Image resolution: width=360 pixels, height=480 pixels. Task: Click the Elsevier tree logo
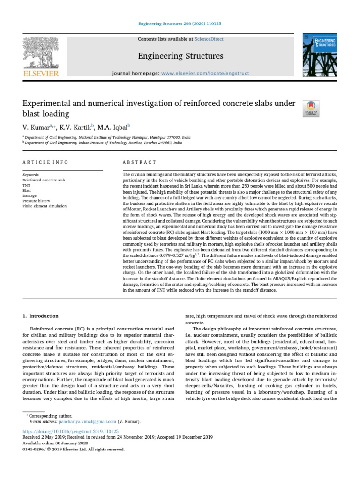(41, 52)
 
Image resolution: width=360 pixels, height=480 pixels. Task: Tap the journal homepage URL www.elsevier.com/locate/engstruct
(205, 74)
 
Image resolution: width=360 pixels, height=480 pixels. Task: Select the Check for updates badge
(311, 108)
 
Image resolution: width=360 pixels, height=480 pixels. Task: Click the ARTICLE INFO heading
(45, 162)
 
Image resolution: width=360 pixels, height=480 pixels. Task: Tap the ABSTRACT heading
(139, 162)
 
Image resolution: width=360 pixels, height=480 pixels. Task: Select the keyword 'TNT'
(26, 185)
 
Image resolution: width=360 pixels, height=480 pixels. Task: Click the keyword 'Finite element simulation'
(45, 206)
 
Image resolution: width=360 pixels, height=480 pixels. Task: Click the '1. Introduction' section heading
(41, 316)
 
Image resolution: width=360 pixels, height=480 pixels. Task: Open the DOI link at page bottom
(70, 431)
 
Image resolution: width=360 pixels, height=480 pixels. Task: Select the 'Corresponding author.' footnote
(51, 416)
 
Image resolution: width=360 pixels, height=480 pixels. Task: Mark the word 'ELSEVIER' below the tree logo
(41, 74)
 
